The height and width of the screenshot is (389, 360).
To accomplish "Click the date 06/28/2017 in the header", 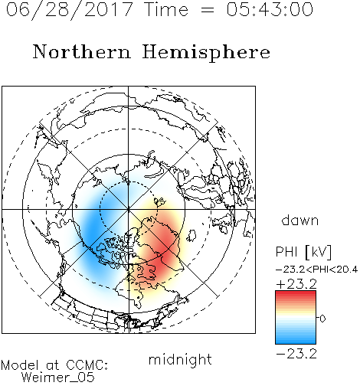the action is tap(70, 10).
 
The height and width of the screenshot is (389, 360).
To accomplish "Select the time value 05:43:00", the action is tap(270, 10).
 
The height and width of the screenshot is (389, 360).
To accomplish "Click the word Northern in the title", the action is tap(82, 52).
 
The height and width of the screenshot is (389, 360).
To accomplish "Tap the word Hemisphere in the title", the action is tap(206, 52).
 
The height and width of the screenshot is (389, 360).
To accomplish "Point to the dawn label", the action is tap(300, 221).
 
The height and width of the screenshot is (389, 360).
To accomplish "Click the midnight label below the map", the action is tap(180, 359).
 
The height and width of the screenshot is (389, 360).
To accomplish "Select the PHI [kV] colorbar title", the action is tap(303, 252).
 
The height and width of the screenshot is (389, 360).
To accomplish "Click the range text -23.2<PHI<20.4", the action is tap(316, 270).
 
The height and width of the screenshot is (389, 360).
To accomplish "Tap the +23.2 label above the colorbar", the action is tap(296, 284).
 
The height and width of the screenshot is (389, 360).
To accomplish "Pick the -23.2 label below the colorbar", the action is tap(296, 354).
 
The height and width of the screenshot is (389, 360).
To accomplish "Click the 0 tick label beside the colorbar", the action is tap(322, 319).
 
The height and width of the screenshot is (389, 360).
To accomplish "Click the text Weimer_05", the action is tap(58, 378).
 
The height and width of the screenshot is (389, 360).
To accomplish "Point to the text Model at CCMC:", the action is tap(54, 365).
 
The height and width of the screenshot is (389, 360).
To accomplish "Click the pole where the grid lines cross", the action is tap(129, 209).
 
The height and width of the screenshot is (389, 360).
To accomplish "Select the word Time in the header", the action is tap(166, 9).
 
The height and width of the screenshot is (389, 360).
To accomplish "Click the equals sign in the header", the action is tap(208, 10).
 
